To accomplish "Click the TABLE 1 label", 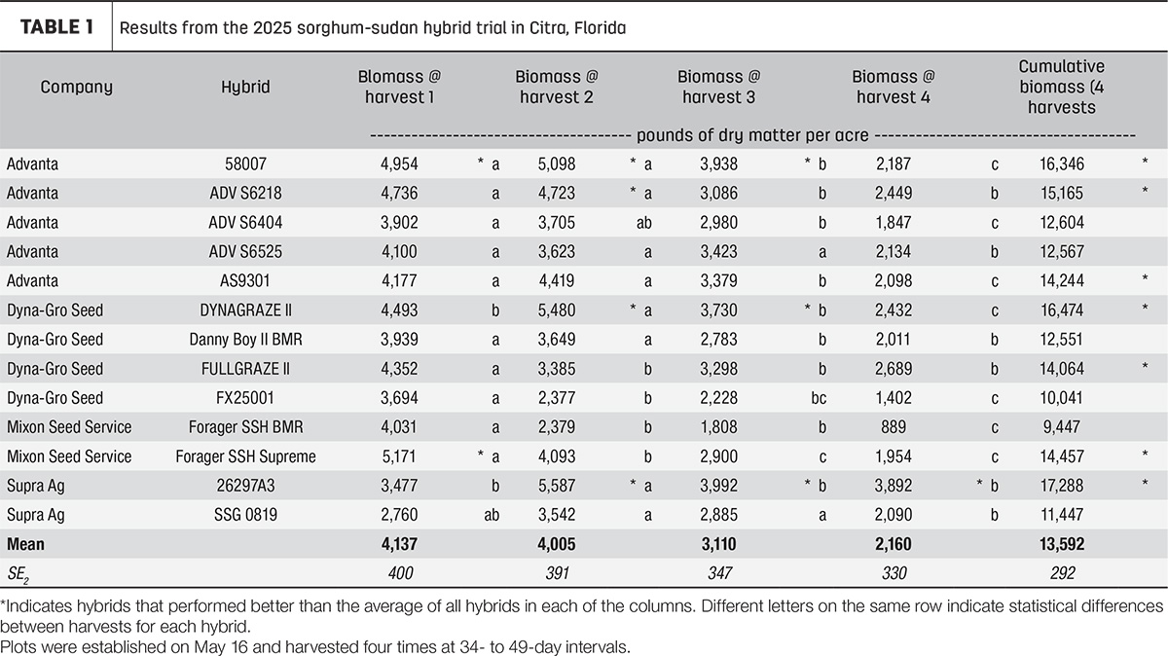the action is tap(56, 27).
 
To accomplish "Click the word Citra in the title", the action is tap(548, 27).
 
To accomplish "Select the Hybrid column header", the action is tap(245, 87).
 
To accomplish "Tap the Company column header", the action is tap(76, 87).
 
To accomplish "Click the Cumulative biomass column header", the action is tap(1062, 87).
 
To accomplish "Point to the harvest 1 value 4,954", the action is tap(399, 164).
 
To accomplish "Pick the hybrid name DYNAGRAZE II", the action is tap(245, 310).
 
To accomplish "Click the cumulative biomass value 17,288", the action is tap(1062, 486).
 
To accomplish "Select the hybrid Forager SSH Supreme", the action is tap(245, 456).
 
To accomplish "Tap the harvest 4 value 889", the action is tap(894, 427).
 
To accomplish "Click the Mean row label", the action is tap(25, 544).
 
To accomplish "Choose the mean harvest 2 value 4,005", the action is tap(557, 544).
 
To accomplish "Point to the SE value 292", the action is tap(1062, 573).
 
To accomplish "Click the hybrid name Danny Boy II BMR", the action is tap(245, 340).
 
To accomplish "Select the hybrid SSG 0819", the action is tap(245, 515).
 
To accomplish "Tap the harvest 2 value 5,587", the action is tap(557, 486).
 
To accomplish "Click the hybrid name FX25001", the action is tap(245, 398).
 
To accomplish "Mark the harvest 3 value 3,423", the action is tap(718, 252).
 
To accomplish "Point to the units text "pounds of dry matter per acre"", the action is tap(752, 135).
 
